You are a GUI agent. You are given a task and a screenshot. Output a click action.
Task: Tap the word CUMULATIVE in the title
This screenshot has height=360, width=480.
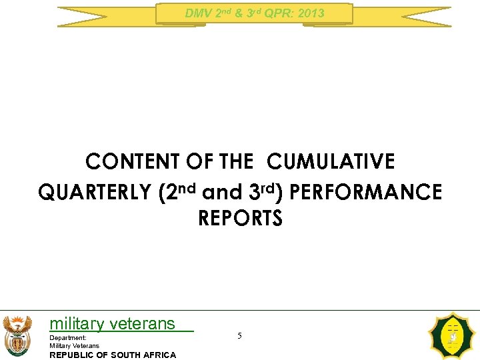point(331,162)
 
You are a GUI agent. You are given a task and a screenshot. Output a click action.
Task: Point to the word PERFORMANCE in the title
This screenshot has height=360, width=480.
point(367,193)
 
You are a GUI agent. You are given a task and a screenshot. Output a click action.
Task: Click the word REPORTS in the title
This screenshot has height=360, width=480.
point(240,219)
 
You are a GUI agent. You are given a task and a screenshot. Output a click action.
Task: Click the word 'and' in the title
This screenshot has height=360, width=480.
point(223,193)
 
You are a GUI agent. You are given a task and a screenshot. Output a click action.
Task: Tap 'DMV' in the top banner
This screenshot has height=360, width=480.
point(197,13)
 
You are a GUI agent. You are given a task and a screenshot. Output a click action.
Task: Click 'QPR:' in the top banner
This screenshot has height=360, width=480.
point(279,13)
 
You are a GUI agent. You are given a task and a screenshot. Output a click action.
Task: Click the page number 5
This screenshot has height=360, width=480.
point(239,336)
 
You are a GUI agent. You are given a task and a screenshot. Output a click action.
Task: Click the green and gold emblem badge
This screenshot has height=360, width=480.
point(453,336)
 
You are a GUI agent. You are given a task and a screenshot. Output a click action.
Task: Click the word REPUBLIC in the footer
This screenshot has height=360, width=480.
point(73,355)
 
